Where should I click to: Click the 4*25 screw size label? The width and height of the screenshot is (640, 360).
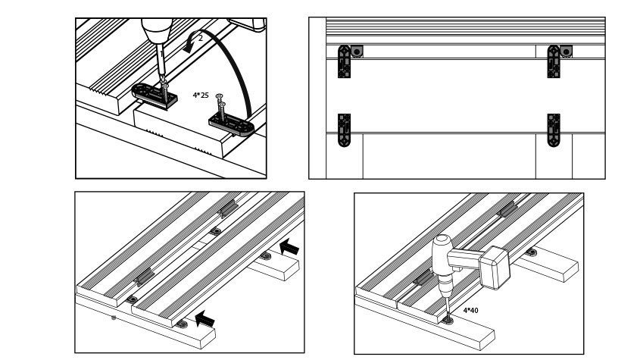click(x=201, y=95)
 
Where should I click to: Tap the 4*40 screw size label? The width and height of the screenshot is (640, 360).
click(x=470, y=310)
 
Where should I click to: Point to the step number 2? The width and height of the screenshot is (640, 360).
click(x=201, y=37)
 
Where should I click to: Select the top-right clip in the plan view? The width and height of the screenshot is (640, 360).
click(x=554, y=61)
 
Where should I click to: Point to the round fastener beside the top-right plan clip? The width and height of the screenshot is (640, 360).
click(x=566, y=51)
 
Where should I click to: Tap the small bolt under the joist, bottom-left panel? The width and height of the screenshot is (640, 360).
click(x=114, y=318)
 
